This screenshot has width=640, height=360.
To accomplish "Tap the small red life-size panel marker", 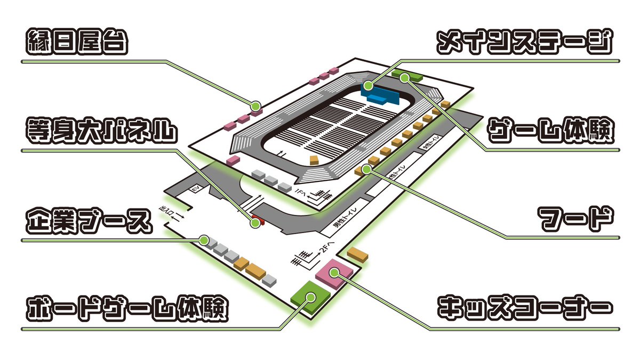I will click(259, 220).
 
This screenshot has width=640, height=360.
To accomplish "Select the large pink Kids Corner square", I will click(333, 273).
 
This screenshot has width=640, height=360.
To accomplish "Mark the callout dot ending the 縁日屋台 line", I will click(256, 105).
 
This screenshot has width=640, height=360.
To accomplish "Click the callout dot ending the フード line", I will click(366, 169).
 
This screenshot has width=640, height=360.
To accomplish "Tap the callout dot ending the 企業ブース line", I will click(204, 240).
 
